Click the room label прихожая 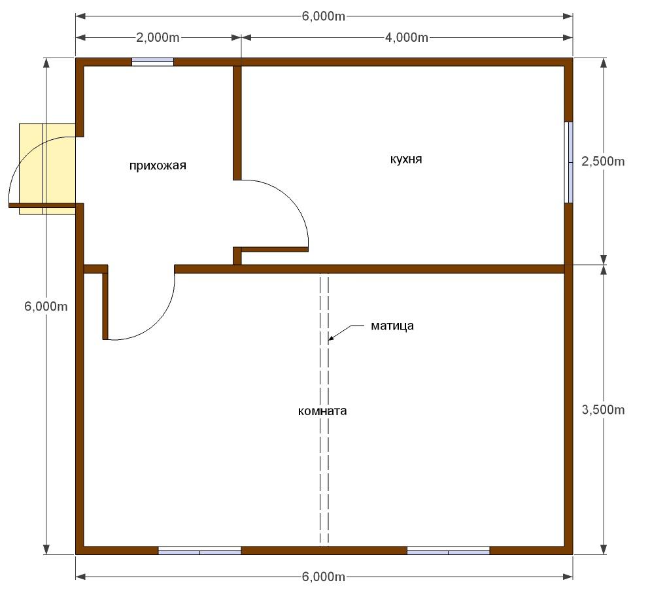tap(158, 166)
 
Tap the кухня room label tap(406, 160)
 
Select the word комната tap(322, 411)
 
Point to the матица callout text tap(392, 326)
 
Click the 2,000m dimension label tap(158, 38)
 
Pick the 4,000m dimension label tap(407, 38)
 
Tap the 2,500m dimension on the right tap(603, 161)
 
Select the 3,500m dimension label tap(603, 410)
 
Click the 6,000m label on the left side tap(46, 307)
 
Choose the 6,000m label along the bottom tap(324, 577)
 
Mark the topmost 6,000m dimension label tap(324, 16)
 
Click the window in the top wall tap(152, 62)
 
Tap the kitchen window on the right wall tap(569, 163)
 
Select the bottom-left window tap(200, 551)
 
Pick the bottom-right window tap(449, 551)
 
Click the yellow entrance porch tap(47, 169)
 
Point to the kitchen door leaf tap(275, 250)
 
